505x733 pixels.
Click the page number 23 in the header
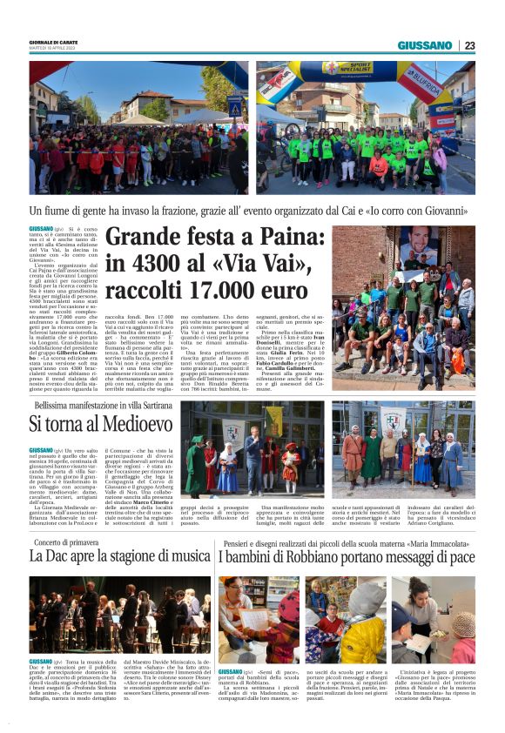469,45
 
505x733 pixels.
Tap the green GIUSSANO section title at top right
425,45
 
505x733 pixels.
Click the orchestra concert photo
119,615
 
